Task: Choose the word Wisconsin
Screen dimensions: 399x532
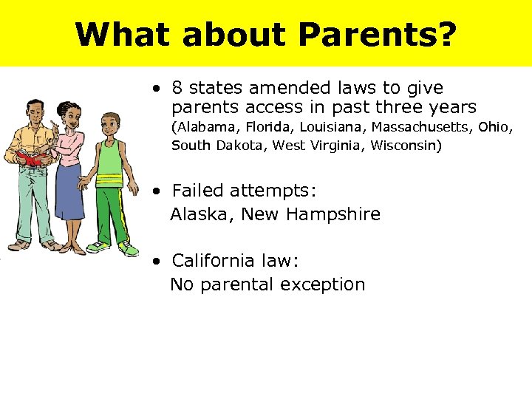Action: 406,146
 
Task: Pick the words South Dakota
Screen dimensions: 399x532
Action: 219,146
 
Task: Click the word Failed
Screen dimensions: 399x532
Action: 197,191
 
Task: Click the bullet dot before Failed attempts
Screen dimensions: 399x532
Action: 157,191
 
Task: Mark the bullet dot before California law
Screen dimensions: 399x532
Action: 157,262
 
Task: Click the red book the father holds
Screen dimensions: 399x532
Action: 30,158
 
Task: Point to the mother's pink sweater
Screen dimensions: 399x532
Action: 72,148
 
